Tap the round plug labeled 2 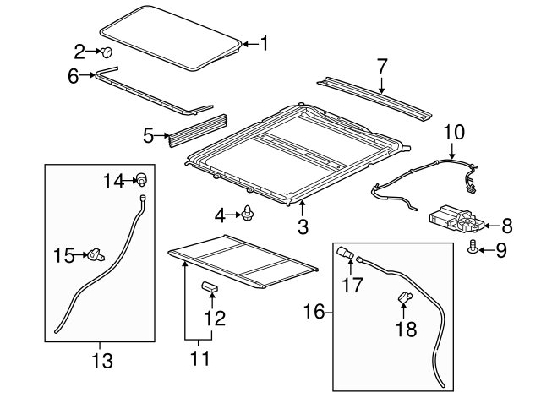pyautogui.click(x=109, y=52)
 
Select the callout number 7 pyautogui.click(x=381, y=65)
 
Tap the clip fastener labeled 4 pyautogui.click(x=248, y=215)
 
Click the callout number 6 pyautogui.click(x=74, y=76)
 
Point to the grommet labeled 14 pyautogui.click(x=145, y=179)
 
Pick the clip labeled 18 pyautogui.click(x=403, y=298)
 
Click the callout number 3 pyautogui.click(x=302, y=226)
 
